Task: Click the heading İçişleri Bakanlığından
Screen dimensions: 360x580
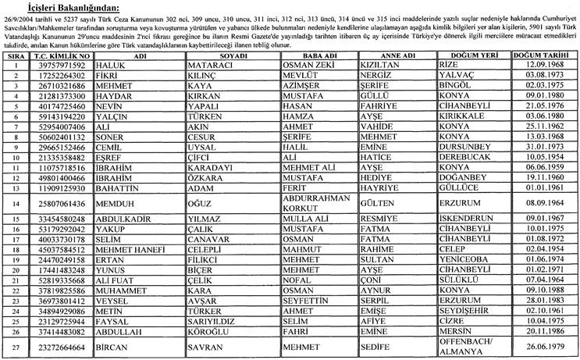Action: [x=54, y=6]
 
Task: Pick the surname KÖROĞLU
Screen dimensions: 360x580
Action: [x=208, y=330]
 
